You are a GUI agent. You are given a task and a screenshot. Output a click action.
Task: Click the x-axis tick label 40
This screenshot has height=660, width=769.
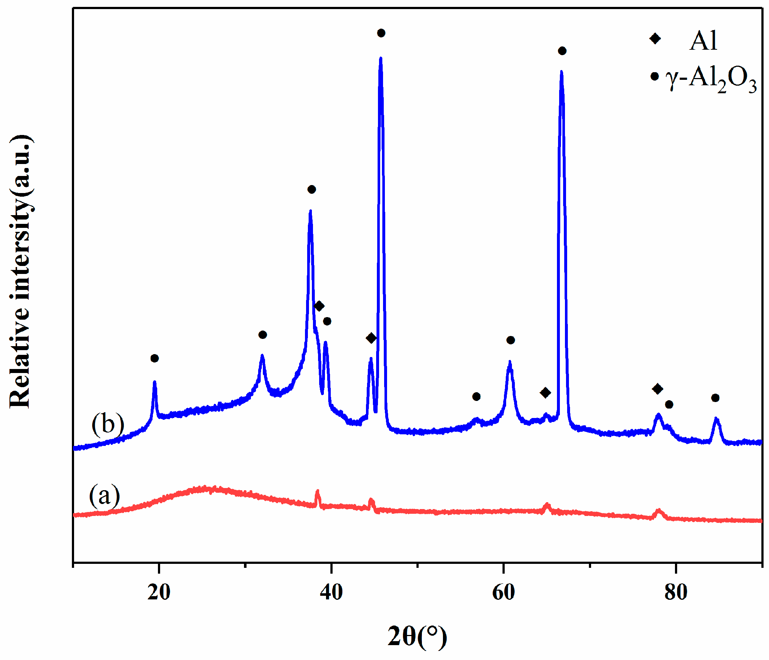(x=331, y=593)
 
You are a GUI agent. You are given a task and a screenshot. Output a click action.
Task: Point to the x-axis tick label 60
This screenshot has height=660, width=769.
(x=504, y=593)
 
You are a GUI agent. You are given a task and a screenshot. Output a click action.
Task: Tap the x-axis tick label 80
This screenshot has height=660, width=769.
(x=676, y=593)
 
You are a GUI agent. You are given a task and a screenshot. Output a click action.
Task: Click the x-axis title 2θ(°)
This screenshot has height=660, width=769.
(x=417, y=637)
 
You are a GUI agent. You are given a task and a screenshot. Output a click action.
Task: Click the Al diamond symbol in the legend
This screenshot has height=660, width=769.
(x=655, y=38)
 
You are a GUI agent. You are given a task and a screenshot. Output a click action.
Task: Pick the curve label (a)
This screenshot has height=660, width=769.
(x=104, y=496)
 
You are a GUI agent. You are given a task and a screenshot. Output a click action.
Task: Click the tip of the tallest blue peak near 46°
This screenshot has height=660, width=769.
(x=381, y=58)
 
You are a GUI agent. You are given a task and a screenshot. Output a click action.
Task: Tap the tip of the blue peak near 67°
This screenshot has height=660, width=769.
(x=562, y=71)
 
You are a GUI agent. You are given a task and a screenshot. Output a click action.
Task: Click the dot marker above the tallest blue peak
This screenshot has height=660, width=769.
(x=381, y=33)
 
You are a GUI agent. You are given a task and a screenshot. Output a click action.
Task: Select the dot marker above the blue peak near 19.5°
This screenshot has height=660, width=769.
(x=155, y=358)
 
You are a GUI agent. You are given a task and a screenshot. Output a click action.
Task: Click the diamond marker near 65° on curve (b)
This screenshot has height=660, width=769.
(x=545, y=393)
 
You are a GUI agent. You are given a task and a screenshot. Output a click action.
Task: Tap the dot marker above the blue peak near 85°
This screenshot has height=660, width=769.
(x=716, y=398)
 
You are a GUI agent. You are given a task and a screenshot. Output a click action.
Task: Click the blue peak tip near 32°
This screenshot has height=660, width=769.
(x=262, y=356)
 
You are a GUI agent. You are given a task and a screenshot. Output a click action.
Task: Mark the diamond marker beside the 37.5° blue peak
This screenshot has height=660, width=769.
(x=319, y=306)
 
